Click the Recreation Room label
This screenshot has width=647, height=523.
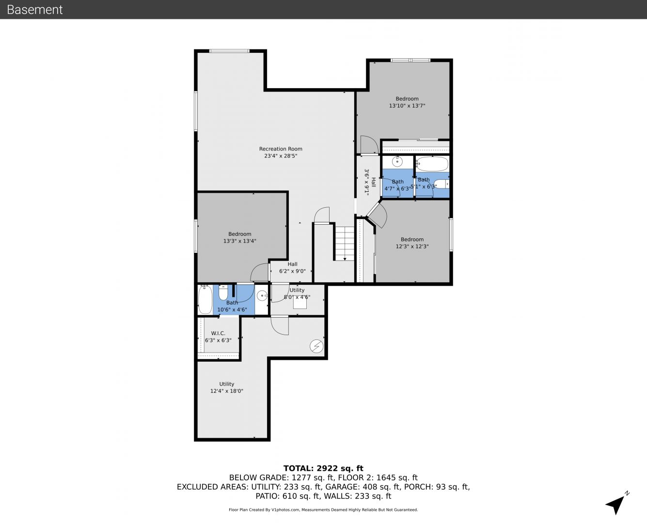(x=280, y=149)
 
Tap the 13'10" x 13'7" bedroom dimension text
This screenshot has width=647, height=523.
(x=407, y=106)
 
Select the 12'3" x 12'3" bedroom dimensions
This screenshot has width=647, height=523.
(x=412, y=246)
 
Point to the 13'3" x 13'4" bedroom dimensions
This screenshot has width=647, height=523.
(x=240, y=241)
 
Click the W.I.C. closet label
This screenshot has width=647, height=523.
(x=218, y=333)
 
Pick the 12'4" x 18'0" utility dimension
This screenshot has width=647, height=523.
(x=227, y=391)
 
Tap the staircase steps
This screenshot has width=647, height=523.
(x=345, y=244)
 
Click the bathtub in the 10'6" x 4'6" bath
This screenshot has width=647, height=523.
(x=205, y=299)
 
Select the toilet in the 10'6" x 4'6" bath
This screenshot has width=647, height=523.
(x=223, y=292)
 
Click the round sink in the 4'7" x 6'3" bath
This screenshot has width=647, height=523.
(x=397, y=161)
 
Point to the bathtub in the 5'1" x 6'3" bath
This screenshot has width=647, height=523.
(x=432, y=164)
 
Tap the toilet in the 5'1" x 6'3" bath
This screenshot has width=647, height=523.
(x=442, y=184)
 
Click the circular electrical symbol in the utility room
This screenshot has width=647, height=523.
(x=316, y=346)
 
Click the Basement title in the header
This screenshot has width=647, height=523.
(x=34, y=10)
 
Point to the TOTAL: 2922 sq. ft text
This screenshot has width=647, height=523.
(x=323, y=468)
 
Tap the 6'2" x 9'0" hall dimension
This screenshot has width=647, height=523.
(x=292, y=271)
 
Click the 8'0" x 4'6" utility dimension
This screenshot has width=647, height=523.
(x=297, y=297)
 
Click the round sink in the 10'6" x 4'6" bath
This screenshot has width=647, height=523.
(x=262, y=295)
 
